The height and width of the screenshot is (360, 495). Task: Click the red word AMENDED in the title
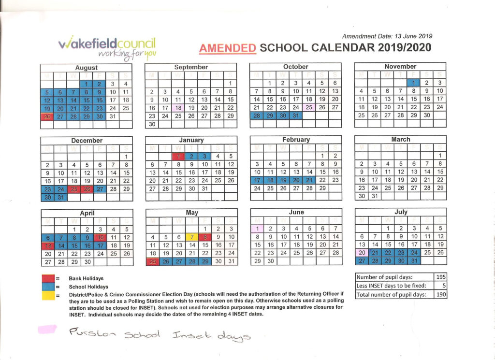coord(227,48)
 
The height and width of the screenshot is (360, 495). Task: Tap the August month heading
coord(86,68)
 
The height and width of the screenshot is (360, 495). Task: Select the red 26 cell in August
coord(47,116)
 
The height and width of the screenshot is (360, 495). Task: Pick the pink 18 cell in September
coord(178,108)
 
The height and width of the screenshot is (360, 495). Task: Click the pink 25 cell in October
coord(309,107)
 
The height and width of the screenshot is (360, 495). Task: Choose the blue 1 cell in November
coord(413,83)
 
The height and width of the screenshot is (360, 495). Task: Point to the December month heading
coord(86,141)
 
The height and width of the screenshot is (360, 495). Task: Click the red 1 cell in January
coord(178,156)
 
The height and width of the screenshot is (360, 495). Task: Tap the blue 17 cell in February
coord(257,180)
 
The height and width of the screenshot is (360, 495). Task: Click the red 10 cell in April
coord(100,237)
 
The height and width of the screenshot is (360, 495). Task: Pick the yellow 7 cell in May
coord(191,237)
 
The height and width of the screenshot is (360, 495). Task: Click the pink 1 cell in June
coord(257,229)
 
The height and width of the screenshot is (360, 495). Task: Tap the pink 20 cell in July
coord(361,252)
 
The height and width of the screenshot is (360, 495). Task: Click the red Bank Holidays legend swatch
coord(48,278)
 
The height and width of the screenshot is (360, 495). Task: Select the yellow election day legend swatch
coord(48,295)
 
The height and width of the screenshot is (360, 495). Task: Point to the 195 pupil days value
coord(440,277)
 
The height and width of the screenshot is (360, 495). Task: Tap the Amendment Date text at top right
coord(387,36)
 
